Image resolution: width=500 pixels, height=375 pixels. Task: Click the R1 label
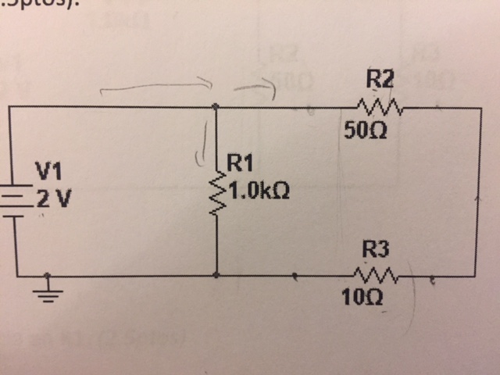(238, 165)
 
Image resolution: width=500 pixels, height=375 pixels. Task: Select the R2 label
(380, 79)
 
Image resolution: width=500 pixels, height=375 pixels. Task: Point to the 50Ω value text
(362, 130)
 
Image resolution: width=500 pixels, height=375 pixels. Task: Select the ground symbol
(48, 291)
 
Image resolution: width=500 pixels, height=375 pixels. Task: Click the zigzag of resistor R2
(378, 105)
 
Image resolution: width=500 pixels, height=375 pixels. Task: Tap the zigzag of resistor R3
(376, 274)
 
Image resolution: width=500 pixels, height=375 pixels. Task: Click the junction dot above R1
(216, 106)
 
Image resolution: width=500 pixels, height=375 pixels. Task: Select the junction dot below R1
(216, 275)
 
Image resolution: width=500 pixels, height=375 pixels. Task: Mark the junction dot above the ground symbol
(48, 275)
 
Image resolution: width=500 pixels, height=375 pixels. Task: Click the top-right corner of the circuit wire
(477, 108)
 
